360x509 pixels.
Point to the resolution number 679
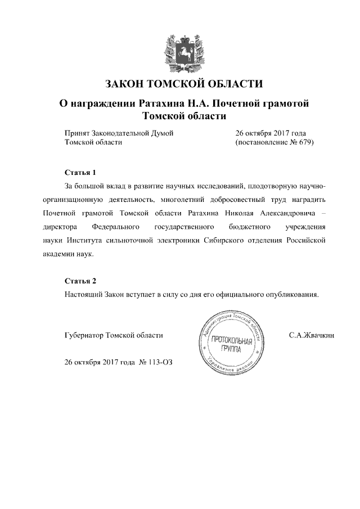point(301,143)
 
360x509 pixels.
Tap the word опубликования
point(292,294)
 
